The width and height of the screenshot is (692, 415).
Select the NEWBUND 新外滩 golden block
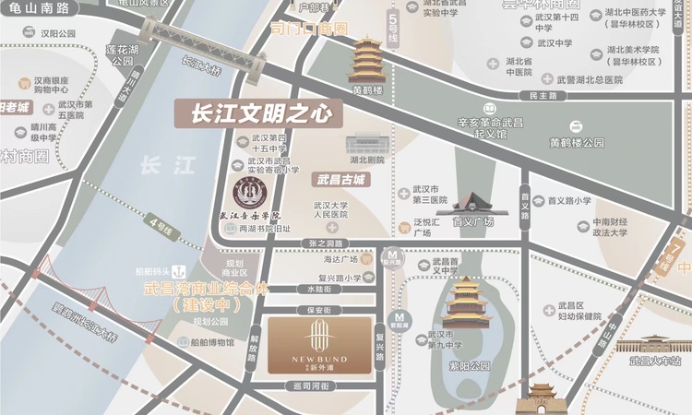320,347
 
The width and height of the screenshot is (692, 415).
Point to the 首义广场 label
472,222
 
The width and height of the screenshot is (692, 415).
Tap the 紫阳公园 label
464,365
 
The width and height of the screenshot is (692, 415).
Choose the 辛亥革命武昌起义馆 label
489,127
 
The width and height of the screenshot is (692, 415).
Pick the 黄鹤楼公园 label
577,143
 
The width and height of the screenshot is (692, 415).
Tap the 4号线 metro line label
160,223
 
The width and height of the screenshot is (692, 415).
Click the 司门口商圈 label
309,30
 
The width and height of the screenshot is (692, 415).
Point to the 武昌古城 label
340,179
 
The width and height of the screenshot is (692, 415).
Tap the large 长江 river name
167,167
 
